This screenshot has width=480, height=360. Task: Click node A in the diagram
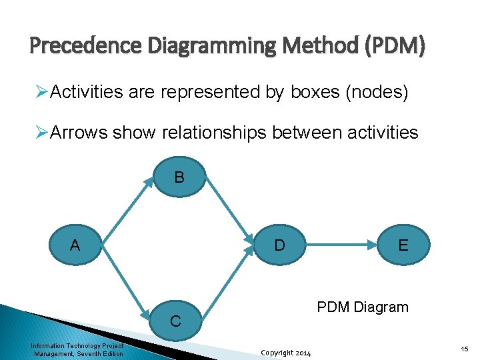(x=75, y=245)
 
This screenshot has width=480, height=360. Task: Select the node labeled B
(x=179, y=178)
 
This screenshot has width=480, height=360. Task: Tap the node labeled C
(x=175, y=320)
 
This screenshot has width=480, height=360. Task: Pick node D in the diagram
(x=280, y=245)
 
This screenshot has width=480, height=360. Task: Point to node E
(x=403, y=245)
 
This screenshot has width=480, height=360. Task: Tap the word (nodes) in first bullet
(x=377, y=93)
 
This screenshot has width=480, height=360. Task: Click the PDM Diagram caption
(x=363, y=307)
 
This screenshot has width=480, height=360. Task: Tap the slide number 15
(x=464, y=349)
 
